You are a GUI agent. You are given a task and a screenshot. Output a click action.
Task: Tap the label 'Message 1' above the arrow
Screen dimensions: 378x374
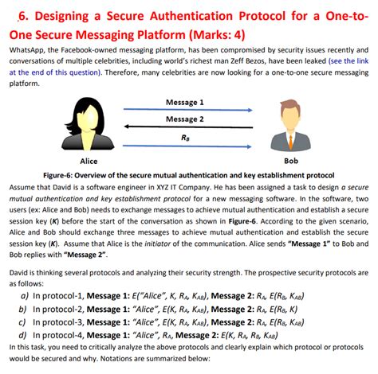184,102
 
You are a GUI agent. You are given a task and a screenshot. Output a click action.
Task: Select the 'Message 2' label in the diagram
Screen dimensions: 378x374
184,119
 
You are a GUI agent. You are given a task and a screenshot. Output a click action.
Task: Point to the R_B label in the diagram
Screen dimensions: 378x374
185,136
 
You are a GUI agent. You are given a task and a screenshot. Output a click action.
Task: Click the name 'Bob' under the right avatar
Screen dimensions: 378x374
291,160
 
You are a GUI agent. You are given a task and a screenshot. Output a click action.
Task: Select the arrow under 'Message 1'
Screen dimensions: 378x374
185,110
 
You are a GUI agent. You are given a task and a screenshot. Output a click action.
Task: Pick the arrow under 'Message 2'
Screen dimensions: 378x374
185,127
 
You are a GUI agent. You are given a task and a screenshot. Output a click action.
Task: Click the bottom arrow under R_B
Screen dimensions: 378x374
185,145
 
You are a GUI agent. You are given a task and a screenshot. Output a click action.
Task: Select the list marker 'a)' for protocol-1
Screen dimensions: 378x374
25,295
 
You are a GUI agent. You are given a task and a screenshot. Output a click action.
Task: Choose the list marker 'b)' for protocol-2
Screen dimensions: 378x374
25,309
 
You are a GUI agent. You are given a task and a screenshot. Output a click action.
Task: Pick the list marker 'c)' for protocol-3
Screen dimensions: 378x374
25,322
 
